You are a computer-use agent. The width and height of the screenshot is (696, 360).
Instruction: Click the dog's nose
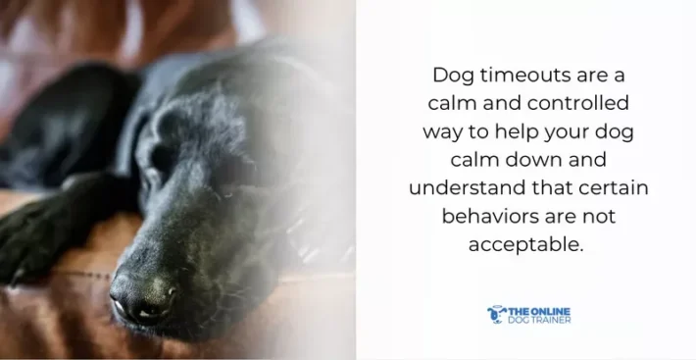click(141, 294)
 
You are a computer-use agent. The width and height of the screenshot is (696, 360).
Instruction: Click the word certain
click(610, 188)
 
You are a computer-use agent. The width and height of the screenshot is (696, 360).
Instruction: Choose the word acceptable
click(525, 245)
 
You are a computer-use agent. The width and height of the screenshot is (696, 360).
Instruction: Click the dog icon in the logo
click(496, 314)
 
